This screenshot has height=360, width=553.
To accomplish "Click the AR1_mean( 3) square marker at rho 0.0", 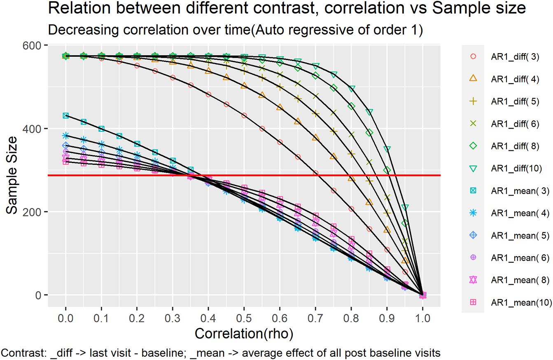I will coord(65,116).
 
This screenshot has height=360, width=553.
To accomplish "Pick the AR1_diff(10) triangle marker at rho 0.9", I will coord(387,149).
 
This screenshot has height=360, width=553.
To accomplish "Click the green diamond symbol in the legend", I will coord(474,145).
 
